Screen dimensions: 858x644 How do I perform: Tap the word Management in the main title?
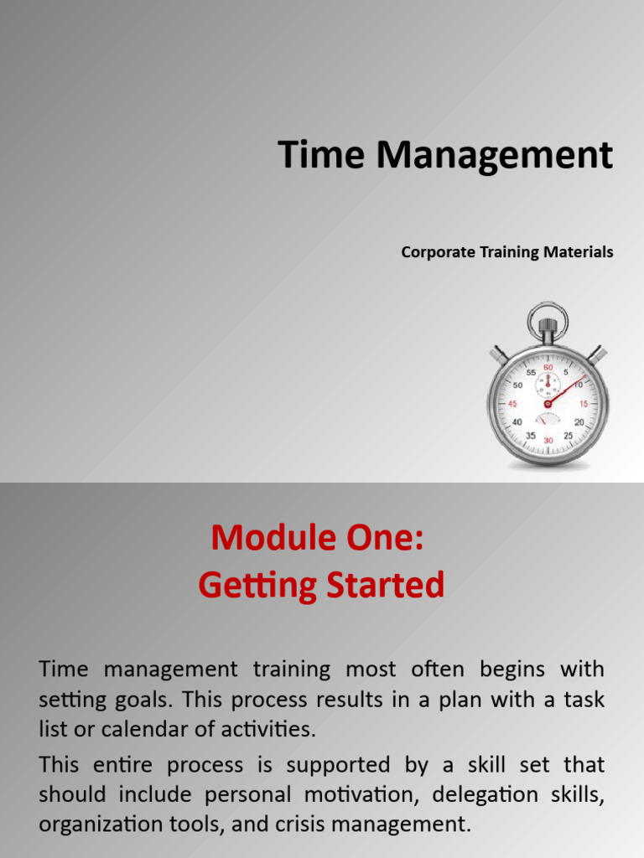coord(494,156)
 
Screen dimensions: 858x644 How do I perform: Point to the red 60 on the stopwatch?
coord(548,367)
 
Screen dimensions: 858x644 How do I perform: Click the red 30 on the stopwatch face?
coord(548,440)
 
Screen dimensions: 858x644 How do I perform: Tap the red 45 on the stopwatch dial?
coord(512,404)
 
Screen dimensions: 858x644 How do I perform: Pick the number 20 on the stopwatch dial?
coord(579,422)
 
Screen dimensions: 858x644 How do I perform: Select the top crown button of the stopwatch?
coord(548,323)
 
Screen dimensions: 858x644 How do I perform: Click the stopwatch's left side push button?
coord(499,354)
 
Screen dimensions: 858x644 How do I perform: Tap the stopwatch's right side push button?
coord(596,354)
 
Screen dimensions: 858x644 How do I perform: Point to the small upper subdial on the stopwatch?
coord(548,384)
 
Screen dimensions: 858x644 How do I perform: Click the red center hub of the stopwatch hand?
coord(548,404)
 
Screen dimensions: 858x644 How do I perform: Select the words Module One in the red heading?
coord(318,538)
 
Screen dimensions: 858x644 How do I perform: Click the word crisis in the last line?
coord(304,824)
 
